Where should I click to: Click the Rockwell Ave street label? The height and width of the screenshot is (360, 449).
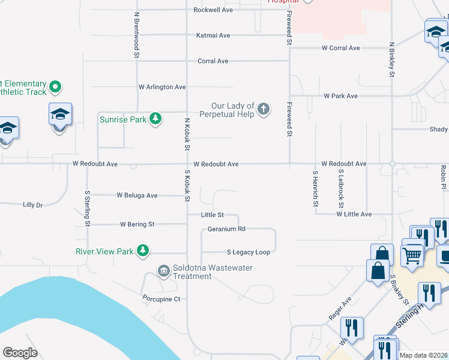pos(213,10)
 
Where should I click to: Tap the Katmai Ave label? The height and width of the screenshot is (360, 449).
pos(213,35)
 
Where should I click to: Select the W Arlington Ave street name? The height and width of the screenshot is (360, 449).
pos(162,87)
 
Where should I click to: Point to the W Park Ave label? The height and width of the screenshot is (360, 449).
pos(340,96)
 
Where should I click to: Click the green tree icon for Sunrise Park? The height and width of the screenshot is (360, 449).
pos(155,119)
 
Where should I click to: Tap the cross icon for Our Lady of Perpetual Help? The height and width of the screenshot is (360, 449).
pos(263,109)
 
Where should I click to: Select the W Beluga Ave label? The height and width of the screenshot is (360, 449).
pos(137,195)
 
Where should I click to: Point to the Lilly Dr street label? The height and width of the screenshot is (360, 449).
pos(32,205)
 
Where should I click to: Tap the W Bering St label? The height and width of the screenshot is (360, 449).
pos(137,224)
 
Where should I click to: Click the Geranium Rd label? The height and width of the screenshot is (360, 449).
pos(226,229)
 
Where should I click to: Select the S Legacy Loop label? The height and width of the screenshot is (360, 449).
pos(248,252)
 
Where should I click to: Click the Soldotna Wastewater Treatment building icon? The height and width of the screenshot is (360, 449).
pos(163,272)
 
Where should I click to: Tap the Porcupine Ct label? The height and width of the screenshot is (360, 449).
pos(161,299)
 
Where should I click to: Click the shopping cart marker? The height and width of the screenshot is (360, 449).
pos(412,254)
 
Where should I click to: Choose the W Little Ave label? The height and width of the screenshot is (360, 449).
pos(354,214)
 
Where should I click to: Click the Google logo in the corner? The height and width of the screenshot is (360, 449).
pos(20,353)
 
